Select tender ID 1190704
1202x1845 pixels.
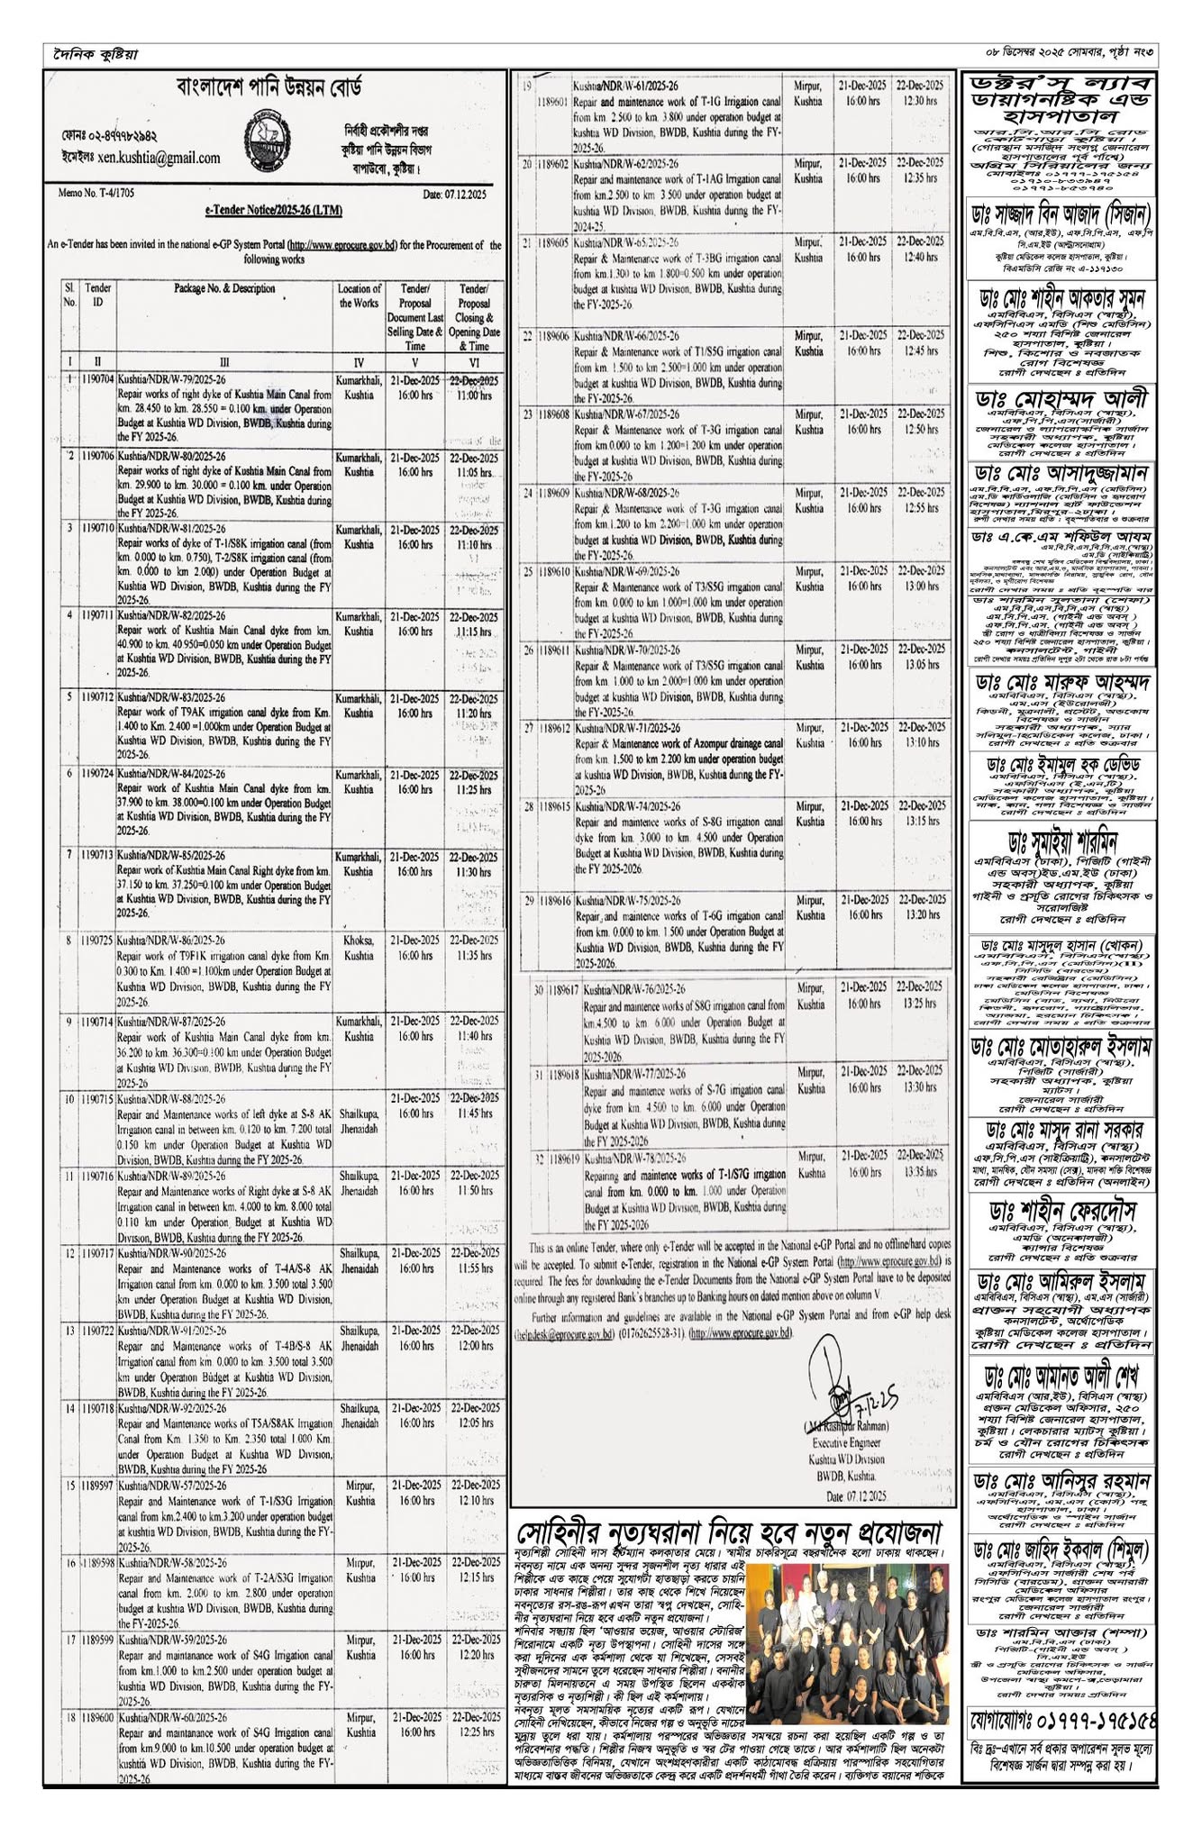point(96,379)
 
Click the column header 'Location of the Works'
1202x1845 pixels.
point(360,295)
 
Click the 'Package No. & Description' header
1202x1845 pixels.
point(225,289)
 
